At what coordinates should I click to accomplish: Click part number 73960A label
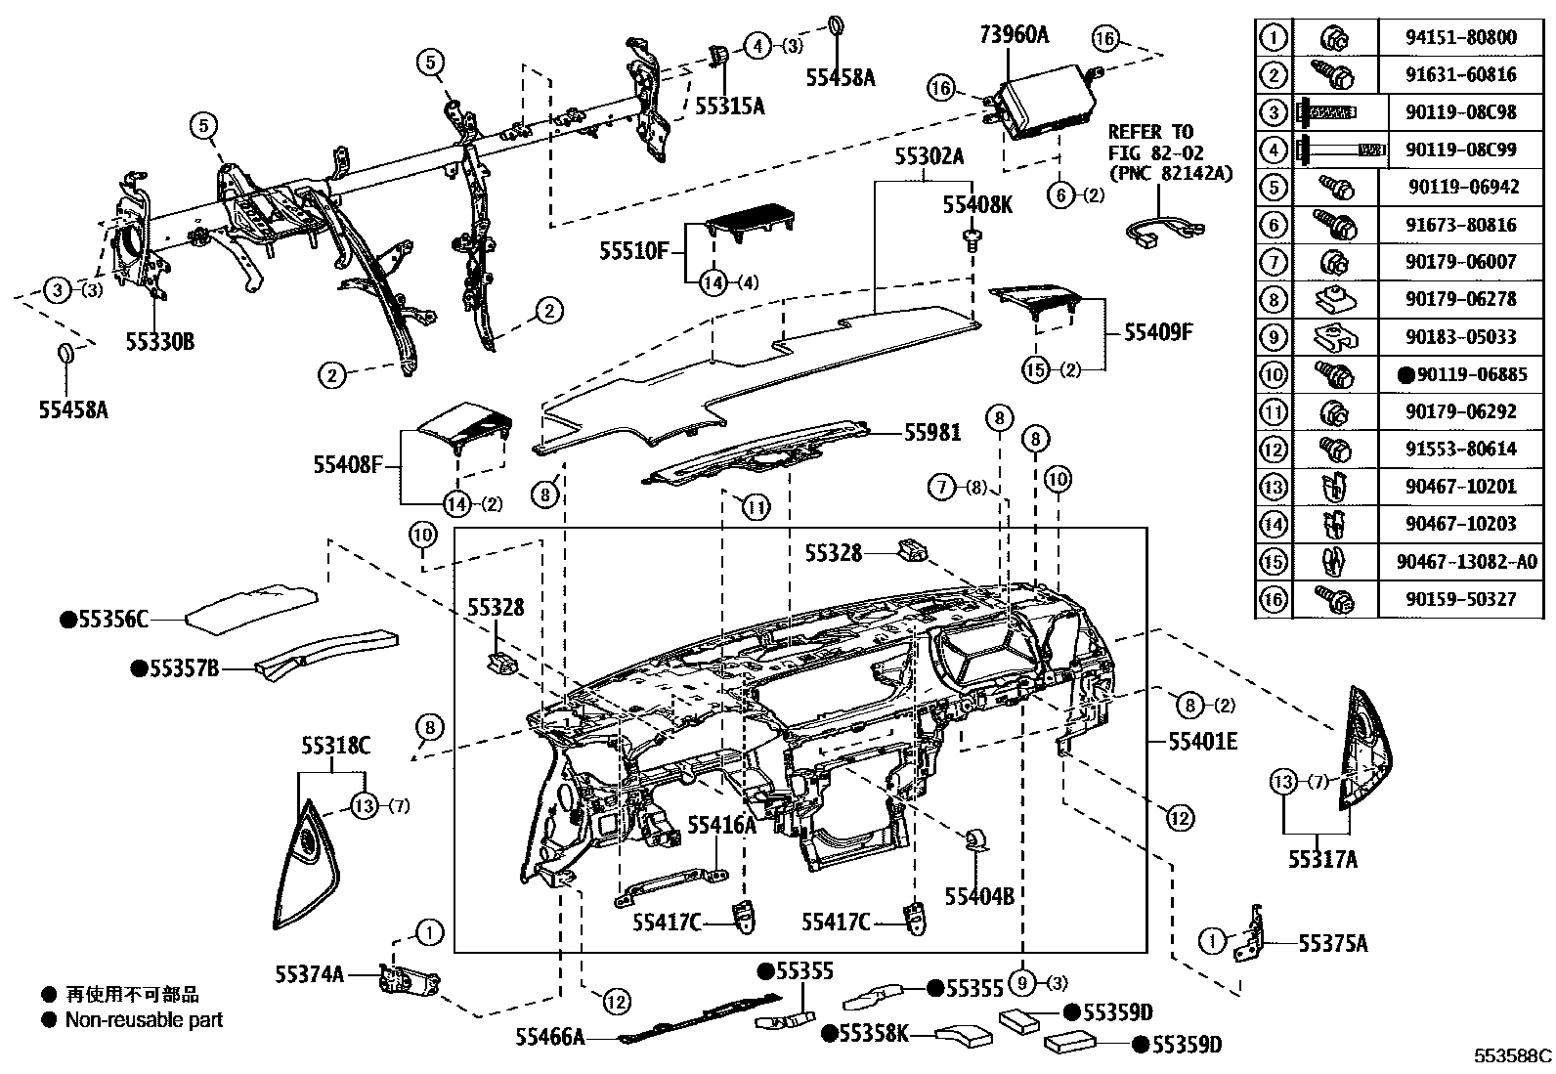[1014, 35]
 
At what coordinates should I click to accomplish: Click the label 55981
[931, 431]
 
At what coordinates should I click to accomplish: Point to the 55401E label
[1202, 742]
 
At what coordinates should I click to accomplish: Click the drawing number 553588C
[1513, 1055]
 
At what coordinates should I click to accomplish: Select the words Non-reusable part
[144, 1020]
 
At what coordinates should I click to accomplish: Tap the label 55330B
[159, 341]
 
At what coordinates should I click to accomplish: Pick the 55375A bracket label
[1332, 943]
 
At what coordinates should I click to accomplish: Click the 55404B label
[978, 895]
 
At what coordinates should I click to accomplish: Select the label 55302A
[929, 156]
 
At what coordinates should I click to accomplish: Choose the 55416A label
[721, 826]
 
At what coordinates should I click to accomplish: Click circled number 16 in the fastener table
[1273, 599]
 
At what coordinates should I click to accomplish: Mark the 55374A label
[310, 973]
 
